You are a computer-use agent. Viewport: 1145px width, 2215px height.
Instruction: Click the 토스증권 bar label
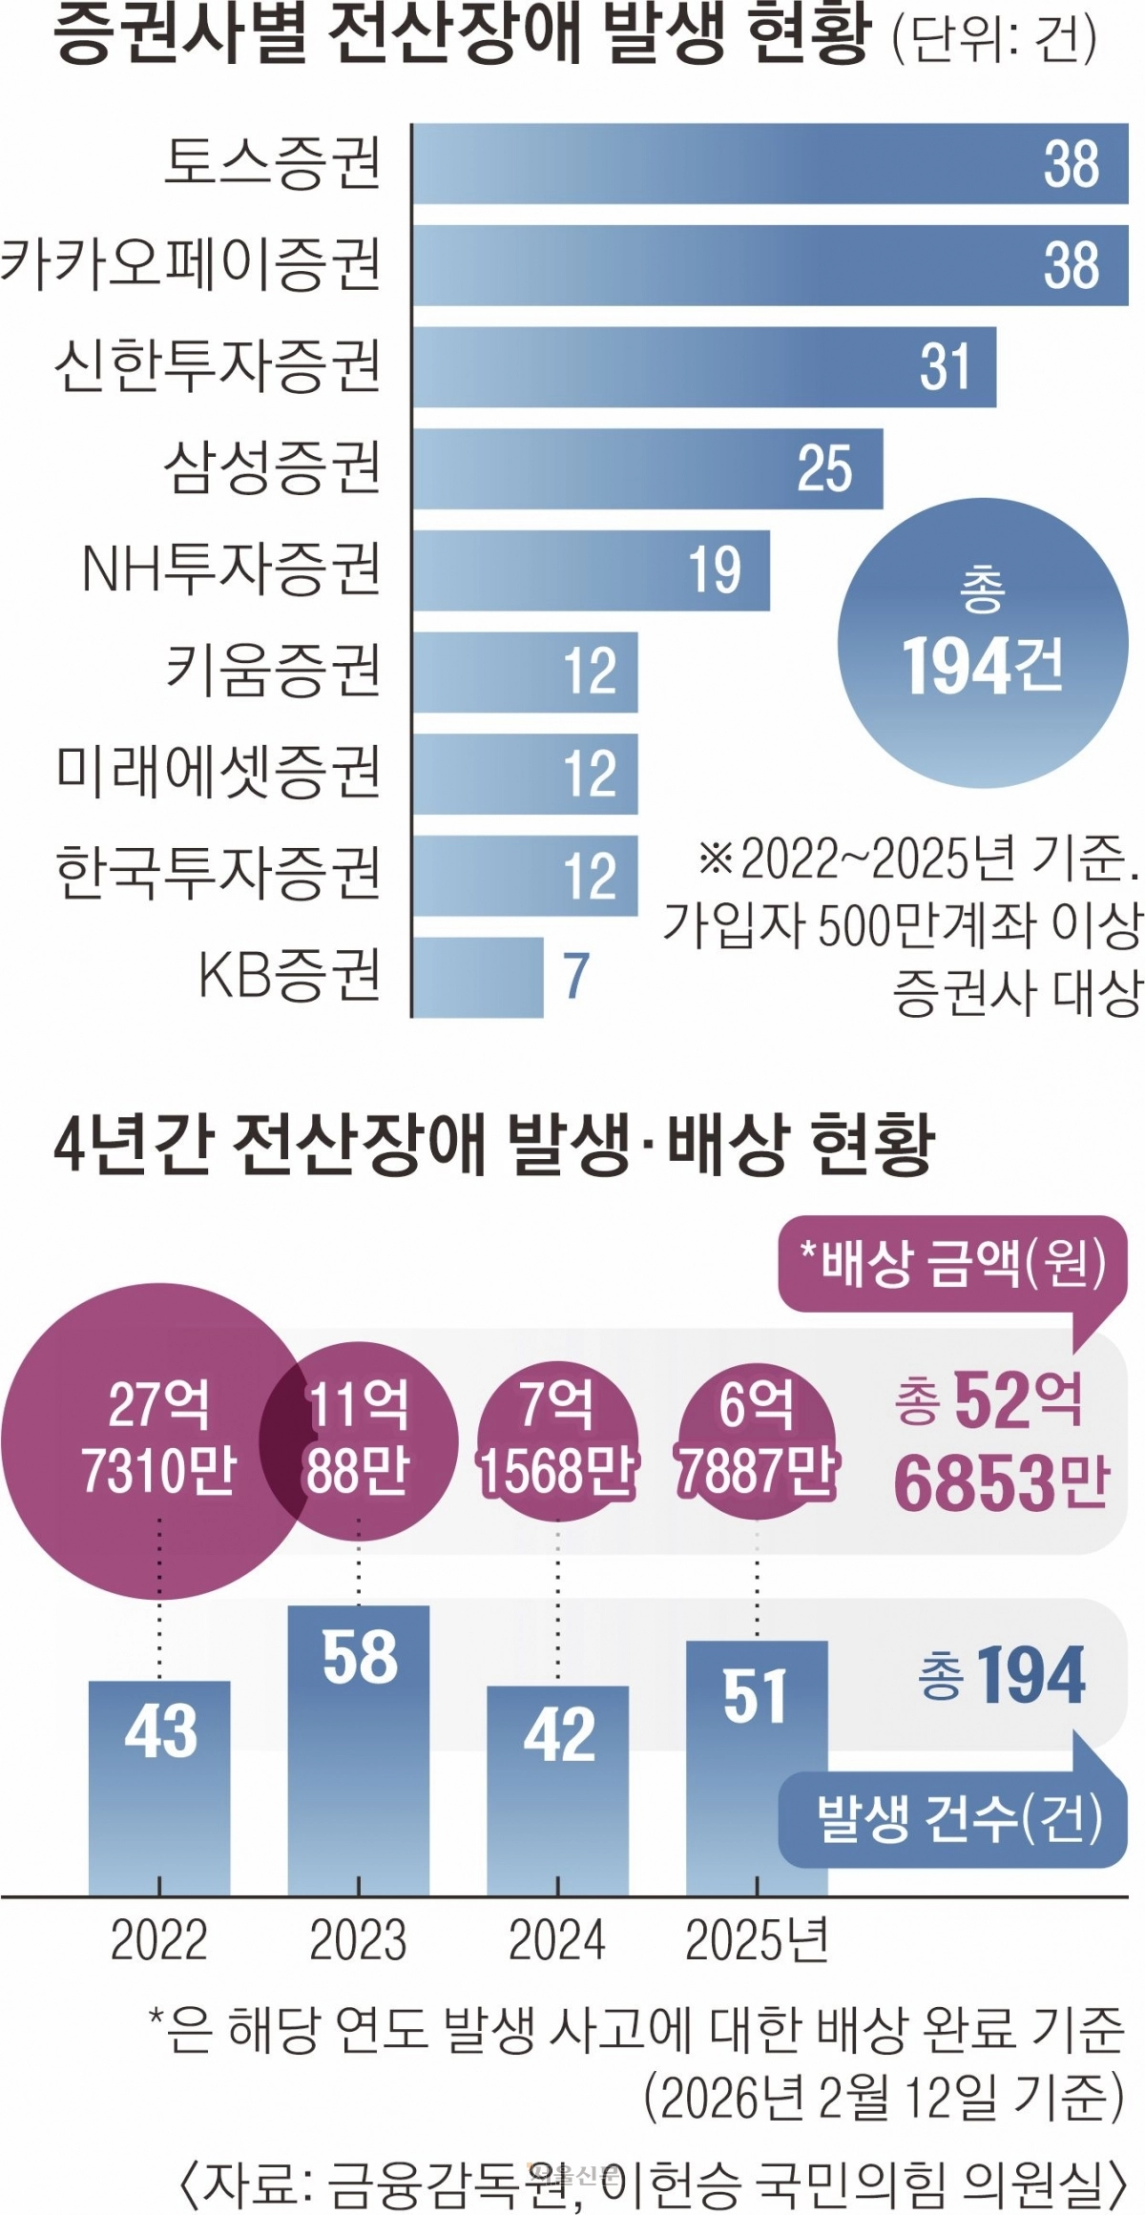[x=273, y=163]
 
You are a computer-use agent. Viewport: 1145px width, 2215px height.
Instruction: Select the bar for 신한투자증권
[x=704, y=367]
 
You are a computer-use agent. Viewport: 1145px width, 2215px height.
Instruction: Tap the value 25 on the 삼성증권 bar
[x=824, y=468]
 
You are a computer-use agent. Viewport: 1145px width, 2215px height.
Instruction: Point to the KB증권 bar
[x=477, y=977]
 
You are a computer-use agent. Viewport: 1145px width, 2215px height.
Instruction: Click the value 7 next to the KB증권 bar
[x=575, y=976]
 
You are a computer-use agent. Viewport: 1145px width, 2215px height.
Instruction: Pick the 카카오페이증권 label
[x=191, y=265]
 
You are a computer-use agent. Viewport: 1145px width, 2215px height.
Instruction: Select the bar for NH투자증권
[x=591, y=570]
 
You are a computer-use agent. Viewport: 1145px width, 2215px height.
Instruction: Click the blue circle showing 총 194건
[x=983, y=644]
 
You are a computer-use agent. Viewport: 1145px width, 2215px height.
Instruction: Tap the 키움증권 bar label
[x=273, y=671]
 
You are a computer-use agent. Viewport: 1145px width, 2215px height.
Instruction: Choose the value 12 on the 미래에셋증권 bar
[x=590, y=774]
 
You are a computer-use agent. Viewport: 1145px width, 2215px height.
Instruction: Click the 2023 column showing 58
[x=359, y=1750]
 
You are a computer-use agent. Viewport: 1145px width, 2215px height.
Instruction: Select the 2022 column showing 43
[x=159, y=1788]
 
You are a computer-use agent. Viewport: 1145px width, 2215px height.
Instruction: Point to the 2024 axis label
[x=557, y=1939]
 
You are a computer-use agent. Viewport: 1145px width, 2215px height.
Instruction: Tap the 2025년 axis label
[x=757, y=1939]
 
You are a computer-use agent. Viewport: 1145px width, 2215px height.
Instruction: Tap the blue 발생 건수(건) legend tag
[x=954, y=1818]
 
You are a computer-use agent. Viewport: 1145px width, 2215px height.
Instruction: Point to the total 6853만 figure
[x=1002, y=1483]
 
